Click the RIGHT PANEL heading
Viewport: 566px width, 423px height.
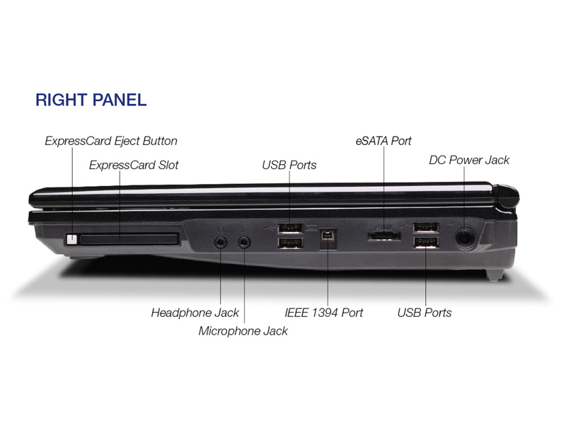(91, 100)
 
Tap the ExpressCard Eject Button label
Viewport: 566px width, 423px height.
(111, 141)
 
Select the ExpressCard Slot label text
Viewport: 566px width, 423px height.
(134, 165)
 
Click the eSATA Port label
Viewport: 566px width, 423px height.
(383, 141)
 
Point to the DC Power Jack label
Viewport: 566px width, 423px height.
(469, 160)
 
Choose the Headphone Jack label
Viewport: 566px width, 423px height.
(195, 313)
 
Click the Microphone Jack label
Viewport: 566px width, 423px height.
(243, 331)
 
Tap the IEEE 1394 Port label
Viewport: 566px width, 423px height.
(324, 313)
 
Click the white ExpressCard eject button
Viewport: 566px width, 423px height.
(72, 239)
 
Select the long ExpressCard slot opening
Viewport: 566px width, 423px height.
(129, 239)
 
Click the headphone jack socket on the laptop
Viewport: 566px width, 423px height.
(220, 242)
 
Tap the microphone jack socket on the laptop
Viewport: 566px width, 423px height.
(244, 242)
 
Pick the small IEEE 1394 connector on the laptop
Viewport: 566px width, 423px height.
(328, 236)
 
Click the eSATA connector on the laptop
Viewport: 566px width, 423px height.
(383, 236)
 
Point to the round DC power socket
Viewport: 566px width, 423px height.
(465, 238)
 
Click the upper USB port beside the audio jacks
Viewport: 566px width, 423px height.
(290, 228)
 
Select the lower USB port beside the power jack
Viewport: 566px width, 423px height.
(427, 243)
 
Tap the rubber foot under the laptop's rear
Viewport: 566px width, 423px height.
(495, 275)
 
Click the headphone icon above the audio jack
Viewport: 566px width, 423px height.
(221, 228)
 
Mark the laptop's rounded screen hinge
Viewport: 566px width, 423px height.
(507, 198)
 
